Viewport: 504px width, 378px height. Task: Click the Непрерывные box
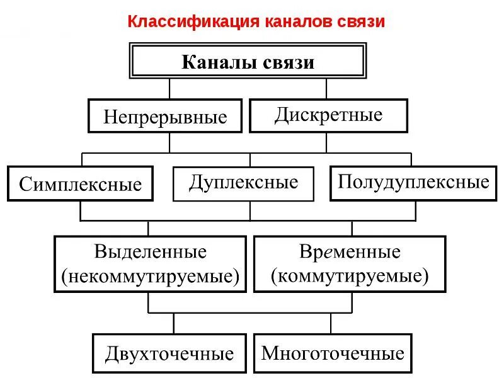tap(165, 116)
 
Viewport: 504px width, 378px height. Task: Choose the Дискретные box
tap(328, 115)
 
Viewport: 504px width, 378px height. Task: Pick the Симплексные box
tap(80, 183)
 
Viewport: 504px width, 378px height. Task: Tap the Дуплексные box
tap(243, 183)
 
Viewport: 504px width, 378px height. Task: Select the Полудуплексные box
tap(413, 182)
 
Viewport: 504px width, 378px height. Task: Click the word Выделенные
tap(150, 252)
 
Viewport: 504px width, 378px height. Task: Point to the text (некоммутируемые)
tap(150, 276)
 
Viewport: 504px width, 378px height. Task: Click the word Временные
tap(350, 252)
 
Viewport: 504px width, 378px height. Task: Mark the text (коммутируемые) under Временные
tap(350, 276)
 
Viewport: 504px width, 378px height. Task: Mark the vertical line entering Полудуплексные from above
tap(411, 159)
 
